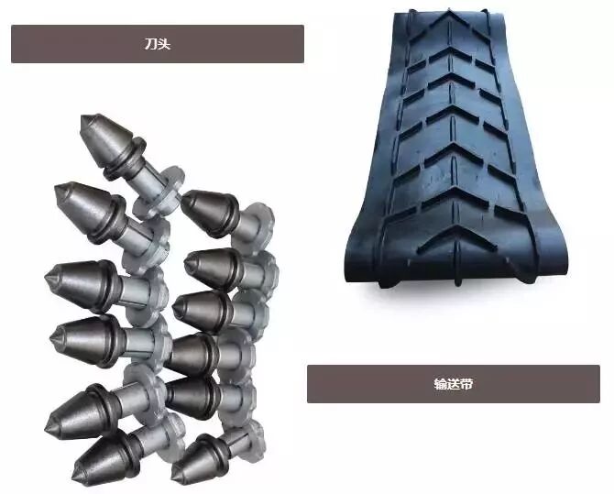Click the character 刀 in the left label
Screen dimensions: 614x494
pos(151,44)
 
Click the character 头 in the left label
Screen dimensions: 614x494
pos(164,44)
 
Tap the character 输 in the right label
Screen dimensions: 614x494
pos(440,384)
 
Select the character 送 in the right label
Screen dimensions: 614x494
pos(454,384)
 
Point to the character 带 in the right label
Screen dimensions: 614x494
pos(466,384)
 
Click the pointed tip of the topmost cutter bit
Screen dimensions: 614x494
pos(83,116)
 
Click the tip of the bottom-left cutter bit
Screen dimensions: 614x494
pos(75,475)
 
